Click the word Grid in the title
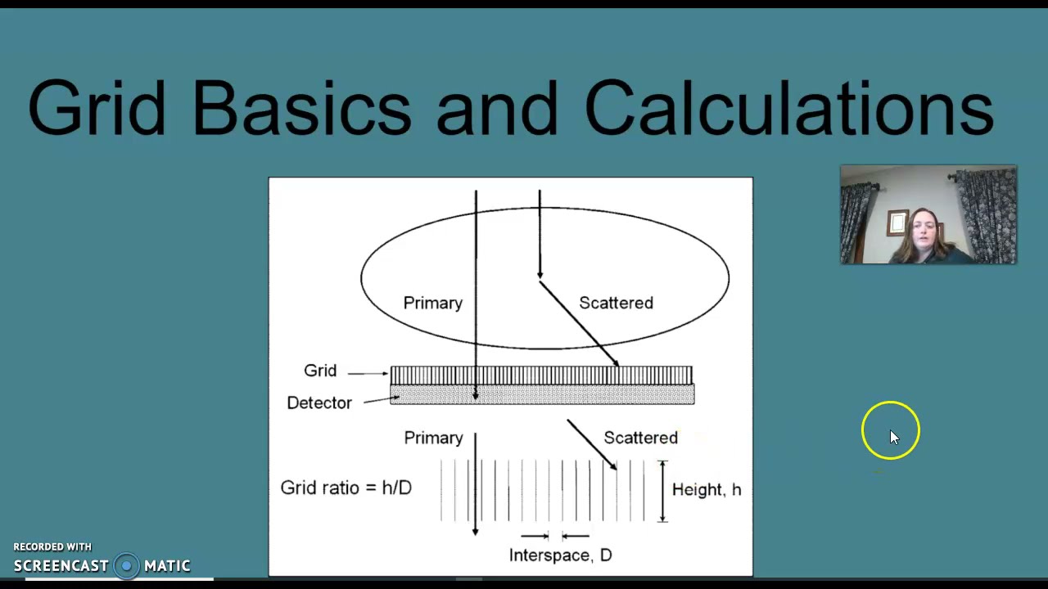point(97,108)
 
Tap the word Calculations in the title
point(788,108)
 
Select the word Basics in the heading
point(301,108)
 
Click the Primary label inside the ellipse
point(432,303)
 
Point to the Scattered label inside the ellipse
point(616,303)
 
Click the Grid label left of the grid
point(320,371)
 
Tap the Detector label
point(318,402)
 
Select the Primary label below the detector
point(433,438)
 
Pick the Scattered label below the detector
point(640,438)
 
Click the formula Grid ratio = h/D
point(346,488)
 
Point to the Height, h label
point(706,489)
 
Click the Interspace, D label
point(560,555)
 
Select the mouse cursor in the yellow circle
point(892,436)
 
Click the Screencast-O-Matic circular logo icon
point(126,565)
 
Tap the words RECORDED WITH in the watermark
point(52,546)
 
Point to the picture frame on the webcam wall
point(897,222)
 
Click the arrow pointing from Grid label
point(368,373)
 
